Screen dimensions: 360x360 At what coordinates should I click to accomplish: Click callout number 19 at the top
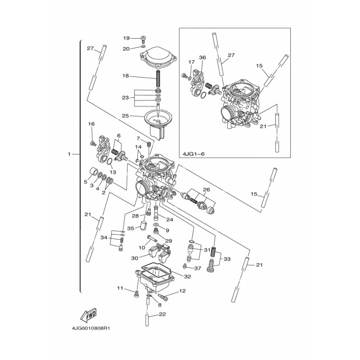pos(126,38)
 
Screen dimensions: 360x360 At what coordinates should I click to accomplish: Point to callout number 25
pos(126,116)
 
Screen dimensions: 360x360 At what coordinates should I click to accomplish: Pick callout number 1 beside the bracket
pos(69,154)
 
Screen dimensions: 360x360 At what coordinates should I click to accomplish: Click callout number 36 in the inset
pos(202,58)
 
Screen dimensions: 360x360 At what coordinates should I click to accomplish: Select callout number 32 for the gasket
pos(188,277)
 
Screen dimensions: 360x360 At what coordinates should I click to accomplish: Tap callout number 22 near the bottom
pos(162,314)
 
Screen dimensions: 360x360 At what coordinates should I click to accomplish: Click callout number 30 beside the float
pos(135,258)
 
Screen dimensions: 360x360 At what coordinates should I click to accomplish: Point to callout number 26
pos(207,189)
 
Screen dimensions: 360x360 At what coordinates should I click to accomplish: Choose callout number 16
pos(91,124)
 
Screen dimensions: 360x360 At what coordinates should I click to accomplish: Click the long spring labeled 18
pos(158,78)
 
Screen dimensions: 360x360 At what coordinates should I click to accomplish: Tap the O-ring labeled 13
pos(110,162)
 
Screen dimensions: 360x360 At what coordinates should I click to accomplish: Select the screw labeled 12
pos(163,297)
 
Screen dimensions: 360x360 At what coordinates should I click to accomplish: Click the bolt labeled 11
pos(136,293)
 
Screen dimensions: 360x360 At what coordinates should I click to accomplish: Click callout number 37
pos(198,268)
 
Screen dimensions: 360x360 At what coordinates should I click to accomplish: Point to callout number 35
pos(130,229)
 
